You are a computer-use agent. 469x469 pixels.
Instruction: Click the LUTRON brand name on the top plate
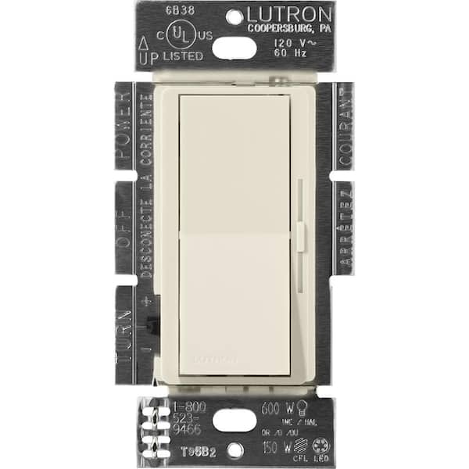tap(288, 14)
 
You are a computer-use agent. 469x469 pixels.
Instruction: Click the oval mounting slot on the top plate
tap(234, 48)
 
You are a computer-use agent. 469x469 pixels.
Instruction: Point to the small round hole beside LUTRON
tap(234, 14)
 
